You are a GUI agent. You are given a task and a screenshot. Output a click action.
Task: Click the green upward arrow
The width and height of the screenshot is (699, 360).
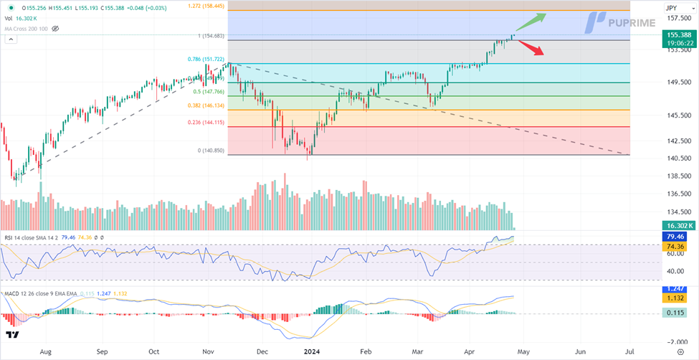(532, 21)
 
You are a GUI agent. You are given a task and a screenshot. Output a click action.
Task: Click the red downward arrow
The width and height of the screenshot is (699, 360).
(530, 48)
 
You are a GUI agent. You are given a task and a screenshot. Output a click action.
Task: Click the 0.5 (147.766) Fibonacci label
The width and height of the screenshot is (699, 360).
(206, 92)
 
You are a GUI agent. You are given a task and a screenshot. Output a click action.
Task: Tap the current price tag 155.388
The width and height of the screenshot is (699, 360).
(678, 34)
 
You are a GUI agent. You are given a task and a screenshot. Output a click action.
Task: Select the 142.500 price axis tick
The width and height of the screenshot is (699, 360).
(678, 142)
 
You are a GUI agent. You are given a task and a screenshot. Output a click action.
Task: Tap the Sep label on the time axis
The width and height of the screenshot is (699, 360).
(102, 352)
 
